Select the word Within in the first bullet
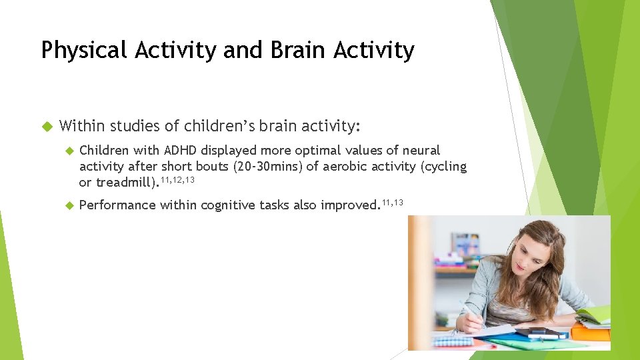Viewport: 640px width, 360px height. tap(82, 125)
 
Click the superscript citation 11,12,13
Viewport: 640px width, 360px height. tap(177, 179)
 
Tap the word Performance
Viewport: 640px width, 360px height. tap(116, 205)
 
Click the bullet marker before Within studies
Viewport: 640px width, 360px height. tap(46, 125)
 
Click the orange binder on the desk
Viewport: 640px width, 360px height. tap(591, 331)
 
